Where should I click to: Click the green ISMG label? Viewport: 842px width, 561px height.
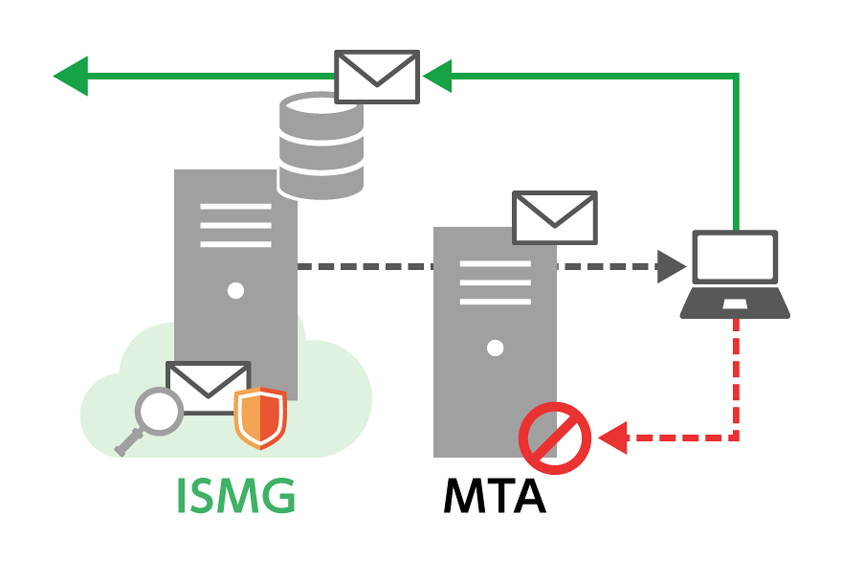[235, 496]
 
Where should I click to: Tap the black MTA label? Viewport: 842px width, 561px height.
[494, 496]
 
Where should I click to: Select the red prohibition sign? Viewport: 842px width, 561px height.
[552, 438]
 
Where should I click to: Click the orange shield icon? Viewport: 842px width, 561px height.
[260, 417]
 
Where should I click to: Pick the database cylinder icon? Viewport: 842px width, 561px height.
[321, 146]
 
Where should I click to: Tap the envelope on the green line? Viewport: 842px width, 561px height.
[377, 77]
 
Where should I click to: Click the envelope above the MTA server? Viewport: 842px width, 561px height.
[554, 217]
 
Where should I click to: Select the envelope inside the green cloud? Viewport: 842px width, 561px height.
[208, 387]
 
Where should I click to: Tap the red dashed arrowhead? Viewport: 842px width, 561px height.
[610, 438]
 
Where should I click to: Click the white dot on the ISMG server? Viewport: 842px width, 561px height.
[235, 290]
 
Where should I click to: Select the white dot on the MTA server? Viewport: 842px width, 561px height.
[495, 348]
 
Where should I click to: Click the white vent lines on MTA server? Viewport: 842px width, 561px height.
[495, 282]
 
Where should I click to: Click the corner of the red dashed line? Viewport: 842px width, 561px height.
[737, 438]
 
